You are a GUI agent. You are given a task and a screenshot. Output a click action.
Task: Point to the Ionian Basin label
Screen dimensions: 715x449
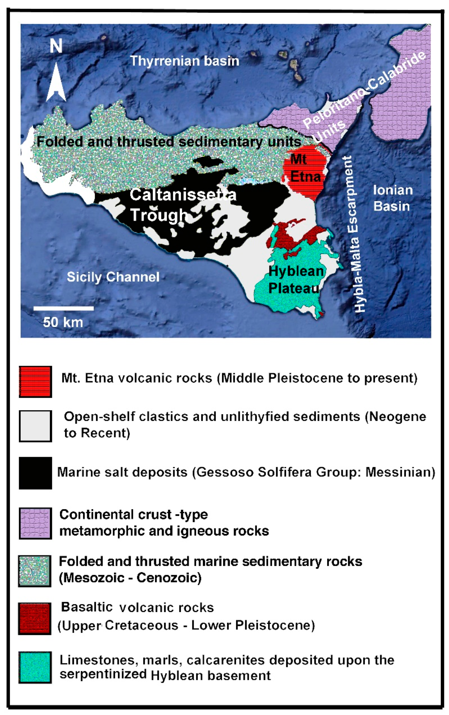pyautogui.click(x=392, y=198)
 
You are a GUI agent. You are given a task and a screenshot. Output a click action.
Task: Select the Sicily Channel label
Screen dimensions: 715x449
pyautogui.click(x=113, y=277)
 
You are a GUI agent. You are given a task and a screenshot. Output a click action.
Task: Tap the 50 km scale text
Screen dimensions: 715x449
pyautogui.click(x=63, y=322)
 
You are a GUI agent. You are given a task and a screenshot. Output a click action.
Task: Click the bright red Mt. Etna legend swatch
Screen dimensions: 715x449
pyautogui.click(x=35, y=381)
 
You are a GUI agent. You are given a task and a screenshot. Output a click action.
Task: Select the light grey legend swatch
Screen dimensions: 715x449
pyautogui.click(x=35, y=426)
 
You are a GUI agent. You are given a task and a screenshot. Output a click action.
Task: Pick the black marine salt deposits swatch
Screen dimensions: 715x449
pyautogui.click(x=35, y=473)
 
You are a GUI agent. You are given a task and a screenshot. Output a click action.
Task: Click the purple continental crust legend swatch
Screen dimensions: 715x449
pyautogui.click(x=35, y=523)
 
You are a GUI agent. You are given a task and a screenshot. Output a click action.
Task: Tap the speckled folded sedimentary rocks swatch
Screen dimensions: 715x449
pyautogui.click(x=34, y=571)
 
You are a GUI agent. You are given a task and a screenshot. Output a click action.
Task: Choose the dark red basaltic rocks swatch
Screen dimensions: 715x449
pyautogui.click(x=34, y=619)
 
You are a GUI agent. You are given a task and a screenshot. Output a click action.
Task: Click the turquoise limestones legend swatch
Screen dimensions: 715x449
pyautogui.click(x=35, y=667)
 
